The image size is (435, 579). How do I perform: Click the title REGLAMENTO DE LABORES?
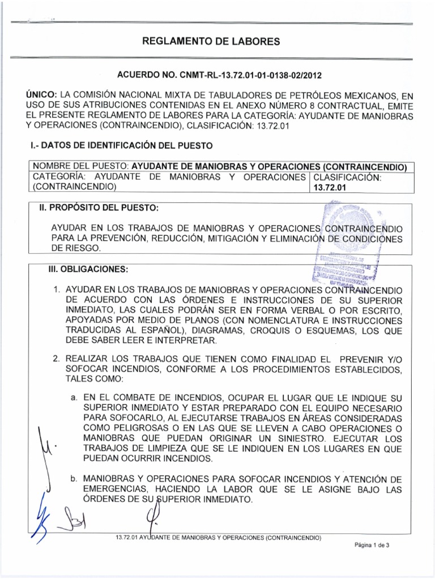tap(217, 41)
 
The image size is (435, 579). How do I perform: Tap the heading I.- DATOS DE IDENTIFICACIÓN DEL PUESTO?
tap(122, 146)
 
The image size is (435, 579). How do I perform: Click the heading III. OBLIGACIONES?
tap(88, 268)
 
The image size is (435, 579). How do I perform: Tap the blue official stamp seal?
tap(346, 243)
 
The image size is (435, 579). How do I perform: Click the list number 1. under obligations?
tap(57, 290)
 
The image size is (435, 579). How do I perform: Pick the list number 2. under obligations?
tap(57, 358)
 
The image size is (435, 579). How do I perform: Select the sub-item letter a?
tap(74, 398)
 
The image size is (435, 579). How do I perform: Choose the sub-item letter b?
tap(74, 479)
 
